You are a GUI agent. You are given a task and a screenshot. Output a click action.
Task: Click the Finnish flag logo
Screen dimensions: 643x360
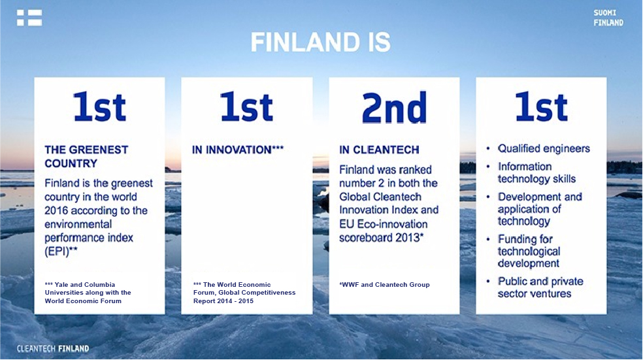coord(29,18)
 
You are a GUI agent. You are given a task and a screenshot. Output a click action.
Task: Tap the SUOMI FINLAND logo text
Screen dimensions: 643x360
coord(608,18)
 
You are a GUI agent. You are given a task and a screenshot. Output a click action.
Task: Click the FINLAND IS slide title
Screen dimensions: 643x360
coord(321,42)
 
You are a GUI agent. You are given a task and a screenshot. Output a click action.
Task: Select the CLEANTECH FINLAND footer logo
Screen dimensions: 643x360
coord(53,348)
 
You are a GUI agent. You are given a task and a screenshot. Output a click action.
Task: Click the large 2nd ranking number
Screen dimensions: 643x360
coord(394,107)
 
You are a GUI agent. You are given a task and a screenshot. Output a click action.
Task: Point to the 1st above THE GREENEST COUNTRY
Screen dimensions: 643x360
coord(99,107)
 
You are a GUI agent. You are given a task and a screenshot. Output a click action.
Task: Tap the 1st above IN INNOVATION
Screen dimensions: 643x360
coord(246,107)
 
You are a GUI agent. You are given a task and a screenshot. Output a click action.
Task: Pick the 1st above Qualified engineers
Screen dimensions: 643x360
coord(541,107)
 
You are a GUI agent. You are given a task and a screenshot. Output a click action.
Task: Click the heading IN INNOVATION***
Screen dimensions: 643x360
coord(238,150)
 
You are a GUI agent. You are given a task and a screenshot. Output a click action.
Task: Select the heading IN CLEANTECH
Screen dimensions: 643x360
coord(379,150)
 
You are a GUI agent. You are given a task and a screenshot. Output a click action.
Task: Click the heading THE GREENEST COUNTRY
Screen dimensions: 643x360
coord(86,157)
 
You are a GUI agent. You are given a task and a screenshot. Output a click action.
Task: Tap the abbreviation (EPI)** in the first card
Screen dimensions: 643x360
coord(61,251)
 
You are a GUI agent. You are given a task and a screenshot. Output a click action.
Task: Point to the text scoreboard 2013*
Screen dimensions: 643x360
coord(382,237)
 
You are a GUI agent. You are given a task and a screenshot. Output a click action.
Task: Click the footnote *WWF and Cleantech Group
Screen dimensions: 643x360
coord(385,285)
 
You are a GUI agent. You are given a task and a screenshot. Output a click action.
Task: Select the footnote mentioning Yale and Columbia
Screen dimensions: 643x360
coord(88,293)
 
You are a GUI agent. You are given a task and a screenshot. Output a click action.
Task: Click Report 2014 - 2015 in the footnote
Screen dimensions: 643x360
coord(223,301)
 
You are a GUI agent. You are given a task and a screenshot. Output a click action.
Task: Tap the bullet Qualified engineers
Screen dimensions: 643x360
coord(544,148)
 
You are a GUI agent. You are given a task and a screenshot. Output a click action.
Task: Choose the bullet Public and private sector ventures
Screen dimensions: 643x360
coord(540,287)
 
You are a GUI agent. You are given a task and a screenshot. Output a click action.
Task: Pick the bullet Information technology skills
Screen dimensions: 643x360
coord(536,172)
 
